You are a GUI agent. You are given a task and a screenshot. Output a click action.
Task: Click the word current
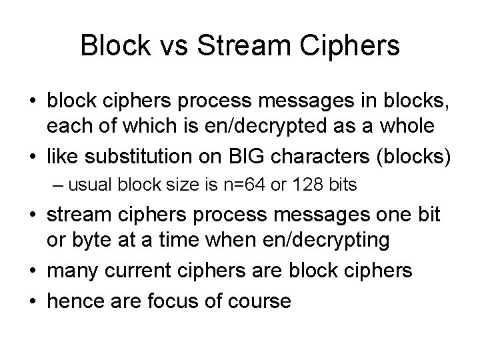pyautogui.click(x=148, y=271)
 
